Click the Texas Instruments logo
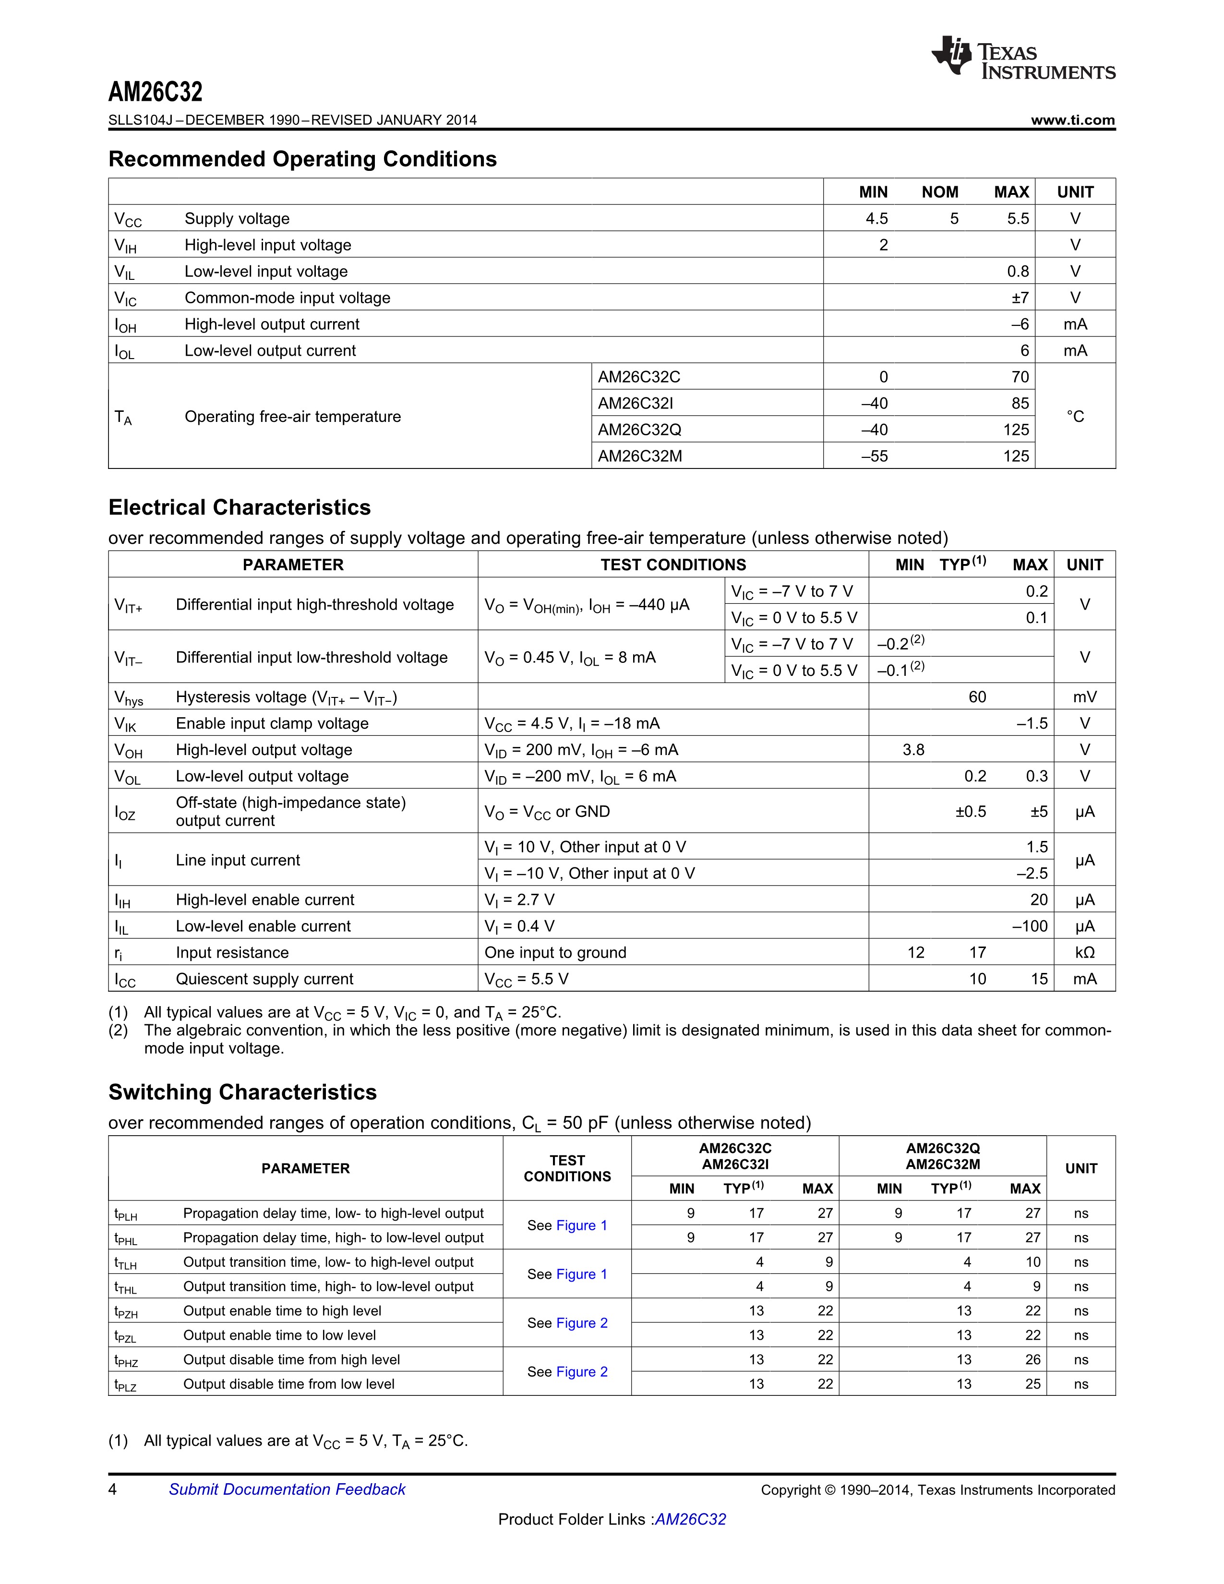[1022, 58]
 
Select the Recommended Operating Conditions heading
[302, 159]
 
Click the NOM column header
[940, 192]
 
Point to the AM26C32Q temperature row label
[639, 430]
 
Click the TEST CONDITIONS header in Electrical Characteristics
[673, 565]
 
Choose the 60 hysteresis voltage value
[977, 697]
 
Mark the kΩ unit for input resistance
[1085, 953]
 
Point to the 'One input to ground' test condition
[555, 953]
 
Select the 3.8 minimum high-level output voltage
[913, 750]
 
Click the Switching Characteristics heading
[242, 1092]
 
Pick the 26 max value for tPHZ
[1032, 1360]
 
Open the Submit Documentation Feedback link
[287, 1490]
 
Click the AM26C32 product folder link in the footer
[690, 1520]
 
